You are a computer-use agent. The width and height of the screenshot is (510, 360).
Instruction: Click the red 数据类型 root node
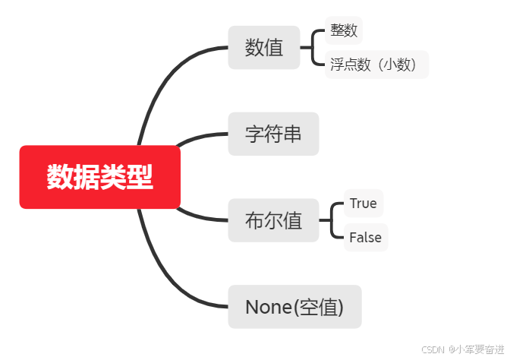click(99, 177)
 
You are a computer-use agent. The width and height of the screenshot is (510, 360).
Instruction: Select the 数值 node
click(264, 47)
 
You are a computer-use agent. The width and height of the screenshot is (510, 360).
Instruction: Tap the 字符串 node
click(273, 134)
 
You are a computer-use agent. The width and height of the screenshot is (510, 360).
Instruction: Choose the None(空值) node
click(294, 307)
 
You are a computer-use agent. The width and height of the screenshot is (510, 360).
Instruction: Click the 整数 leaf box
click(343, 31)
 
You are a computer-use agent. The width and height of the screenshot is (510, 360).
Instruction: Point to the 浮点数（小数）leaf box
click(376, 65)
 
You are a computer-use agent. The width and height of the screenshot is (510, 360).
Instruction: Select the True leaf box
click(363, 204)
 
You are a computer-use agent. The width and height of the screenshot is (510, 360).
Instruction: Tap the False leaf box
click(365, 238)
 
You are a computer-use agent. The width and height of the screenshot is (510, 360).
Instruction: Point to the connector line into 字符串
click(201, 137)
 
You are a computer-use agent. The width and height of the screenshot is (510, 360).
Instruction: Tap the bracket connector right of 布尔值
click(332, 220)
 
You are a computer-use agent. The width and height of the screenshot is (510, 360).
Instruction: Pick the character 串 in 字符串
click(292, 134)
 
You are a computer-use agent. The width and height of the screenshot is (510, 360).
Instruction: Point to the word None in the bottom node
click(269, 307)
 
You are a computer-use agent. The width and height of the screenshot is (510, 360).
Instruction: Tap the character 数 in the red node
click(59, 177)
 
